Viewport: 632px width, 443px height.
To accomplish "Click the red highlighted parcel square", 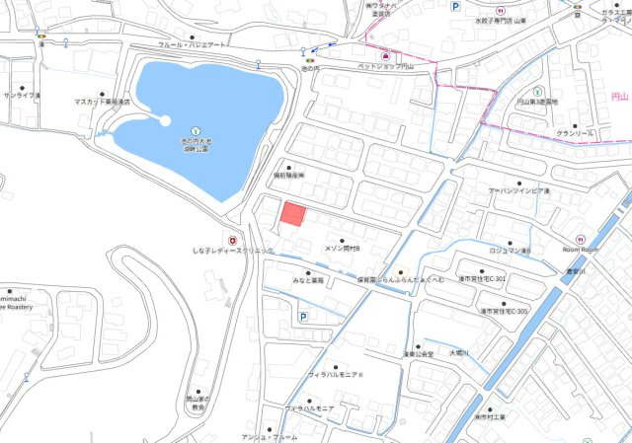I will coord(293,215).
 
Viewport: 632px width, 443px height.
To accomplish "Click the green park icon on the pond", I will coord(196,130).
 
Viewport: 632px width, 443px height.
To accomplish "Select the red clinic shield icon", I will coord(232,239).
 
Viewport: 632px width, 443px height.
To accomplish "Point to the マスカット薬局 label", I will coord(102,102).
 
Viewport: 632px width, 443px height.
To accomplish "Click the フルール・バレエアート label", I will coord(193,45).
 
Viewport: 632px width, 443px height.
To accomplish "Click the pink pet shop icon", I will coord(383,55).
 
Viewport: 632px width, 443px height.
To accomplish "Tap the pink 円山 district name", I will coord(619,97).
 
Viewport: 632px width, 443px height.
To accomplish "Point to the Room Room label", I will coord(581,251).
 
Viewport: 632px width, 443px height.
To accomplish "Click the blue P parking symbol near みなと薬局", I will coord(302,317).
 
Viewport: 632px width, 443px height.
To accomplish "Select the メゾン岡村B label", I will coord(343,249).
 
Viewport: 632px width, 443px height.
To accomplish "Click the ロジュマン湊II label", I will coord(511,251).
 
